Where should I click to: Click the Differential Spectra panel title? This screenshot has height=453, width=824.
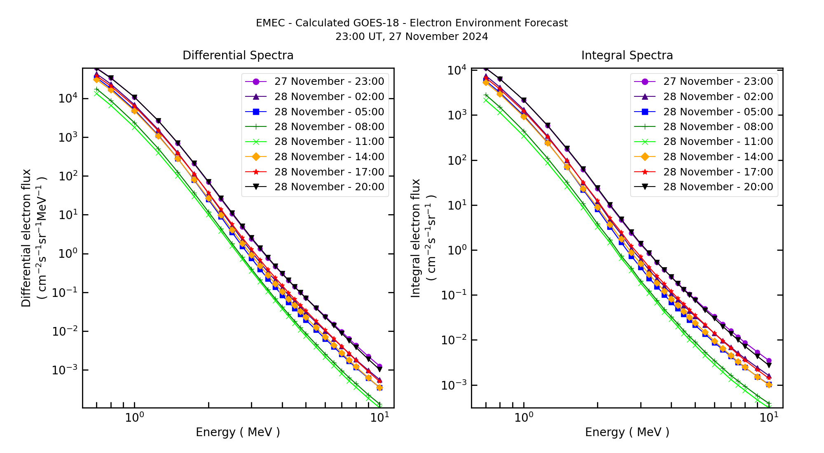[x=238, y=55]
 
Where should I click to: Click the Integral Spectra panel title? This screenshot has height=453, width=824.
[x=627, y=55]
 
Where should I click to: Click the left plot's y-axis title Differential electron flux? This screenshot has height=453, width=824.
[x=26, y=238]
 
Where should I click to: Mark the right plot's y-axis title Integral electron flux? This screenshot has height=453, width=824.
[x=416, y=238]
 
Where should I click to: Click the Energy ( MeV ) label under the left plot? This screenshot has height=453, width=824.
[x=238, y=432]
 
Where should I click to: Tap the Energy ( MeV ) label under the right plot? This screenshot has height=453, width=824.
[x=627, y=432]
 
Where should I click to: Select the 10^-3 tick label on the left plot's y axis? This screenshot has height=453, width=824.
[x=65, y=370]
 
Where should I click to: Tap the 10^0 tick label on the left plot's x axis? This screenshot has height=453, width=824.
[x=134, y=417]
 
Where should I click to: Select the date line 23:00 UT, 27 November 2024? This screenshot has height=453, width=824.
[x=412, y=37]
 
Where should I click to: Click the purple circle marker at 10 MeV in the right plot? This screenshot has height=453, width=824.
[x=769, y=361]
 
